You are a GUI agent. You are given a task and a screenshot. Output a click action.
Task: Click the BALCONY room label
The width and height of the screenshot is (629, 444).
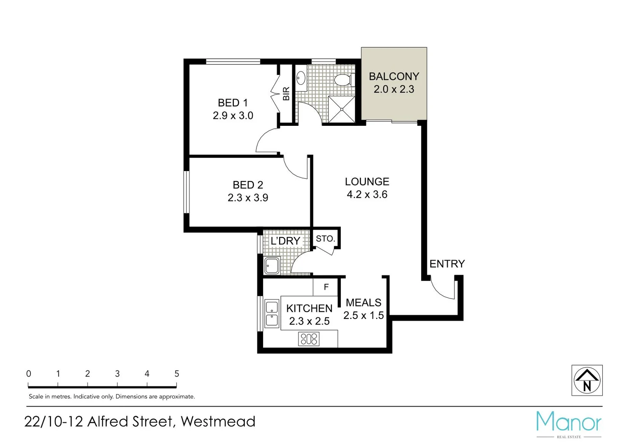tap(394, 76)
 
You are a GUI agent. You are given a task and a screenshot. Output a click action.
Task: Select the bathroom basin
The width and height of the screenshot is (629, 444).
tap(301, 78)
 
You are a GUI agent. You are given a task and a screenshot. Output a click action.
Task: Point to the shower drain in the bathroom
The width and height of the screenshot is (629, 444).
tap(341, 109)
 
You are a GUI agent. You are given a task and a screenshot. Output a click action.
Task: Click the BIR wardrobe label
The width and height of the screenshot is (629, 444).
tap(286, 94)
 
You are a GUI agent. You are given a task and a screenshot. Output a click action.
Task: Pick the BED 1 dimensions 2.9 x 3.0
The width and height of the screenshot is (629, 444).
tap(233, 116)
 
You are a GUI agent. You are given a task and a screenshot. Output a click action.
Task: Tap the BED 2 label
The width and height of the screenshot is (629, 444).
tap(248, 185)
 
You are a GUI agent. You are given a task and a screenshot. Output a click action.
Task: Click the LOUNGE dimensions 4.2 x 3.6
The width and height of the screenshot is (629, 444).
tap(367, 194)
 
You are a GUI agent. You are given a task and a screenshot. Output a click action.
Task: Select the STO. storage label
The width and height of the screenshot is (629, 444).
tap(325, 239)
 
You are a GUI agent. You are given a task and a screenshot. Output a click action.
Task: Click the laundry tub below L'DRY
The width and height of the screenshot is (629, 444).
tap(272, 266)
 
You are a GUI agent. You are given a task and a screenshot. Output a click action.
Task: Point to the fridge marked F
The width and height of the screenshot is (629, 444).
tap(326, 287)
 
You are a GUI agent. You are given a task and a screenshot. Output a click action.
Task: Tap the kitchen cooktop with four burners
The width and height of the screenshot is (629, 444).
tap(309, 339)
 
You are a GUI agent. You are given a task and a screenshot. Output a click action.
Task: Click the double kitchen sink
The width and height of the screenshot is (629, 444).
tap(272, 314)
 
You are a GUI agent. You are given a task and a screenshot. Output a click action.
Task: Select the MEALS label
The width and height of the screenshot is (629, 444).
tap(363, 303)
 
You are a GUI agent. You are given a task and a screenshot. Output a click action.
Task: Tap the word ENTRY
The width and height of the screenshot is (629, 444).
tap(447, 264)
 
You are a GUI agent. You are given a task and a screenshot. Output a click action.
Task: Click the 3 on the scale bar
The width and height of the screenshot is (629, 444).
tap(117, 374)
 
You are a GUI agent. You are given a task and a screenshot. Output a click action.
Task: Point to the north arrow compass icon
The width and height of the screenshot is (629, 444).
tap(587, 380)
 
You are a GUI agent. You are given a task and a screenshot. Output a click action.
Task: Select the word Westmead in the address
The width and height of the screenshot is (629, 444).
tap(218, 422)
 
